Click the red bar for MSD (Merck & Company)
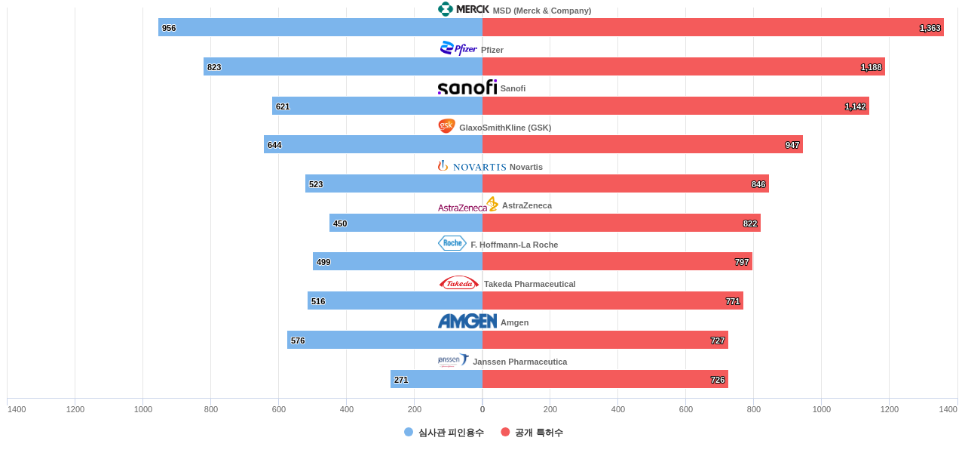(712, 27)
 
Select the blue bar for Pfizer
(343, 66)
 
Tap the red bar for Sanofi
(675, 106)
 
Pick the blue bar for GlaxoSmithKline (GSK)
(373, 144)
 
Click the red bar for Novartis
(626, 183)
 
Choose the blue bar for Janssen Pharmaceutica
(437, 379)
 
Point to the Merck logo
(463, 9)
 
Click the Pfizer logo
(458, 48)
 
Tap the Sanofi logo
(467, 88)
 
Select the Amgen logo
(467, 322)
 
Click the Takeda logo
(459, 283)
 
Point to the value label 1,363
(930, 28)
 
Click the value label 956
(169, 28)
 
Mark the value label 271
(401, 380)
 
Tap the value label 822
(750, 223)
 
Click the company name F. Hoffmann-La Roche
(514, 245)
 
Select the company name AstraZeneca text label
(527, 205)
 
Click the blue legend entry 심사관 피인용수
(444, 433)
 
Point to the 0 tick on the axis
(482, 409)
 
